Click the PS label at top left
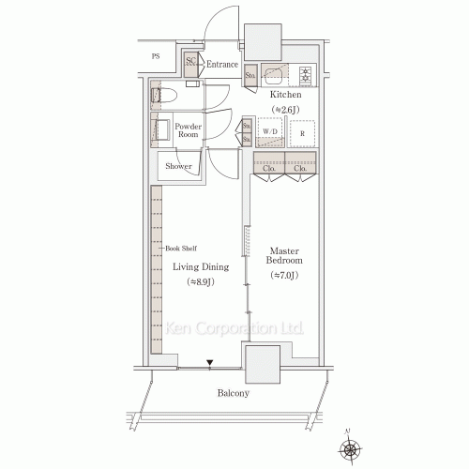(155, 57)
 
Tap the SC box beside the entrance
(190, 64)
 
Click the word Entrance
(222, 64)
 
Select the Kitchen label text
(285, 96)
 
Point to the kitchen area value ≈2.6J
(285, 111)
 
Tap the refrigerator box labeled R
(302, 132)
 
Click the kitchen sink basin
(278, 75)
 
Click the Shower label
(178, 167)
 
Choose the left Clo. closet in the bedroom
(268, 170)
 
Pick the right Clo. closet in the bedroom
(299, 170)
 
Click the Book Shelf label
(181, 249)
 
